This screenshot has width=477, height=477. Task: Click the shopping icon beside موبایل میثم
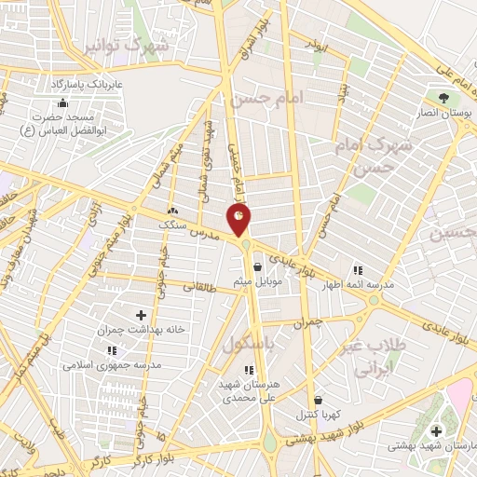pyautogui.click(x=256, y=267)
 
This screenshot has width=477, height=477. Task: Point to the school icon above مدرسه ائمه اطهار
pyautogui.click(x=356, y=270)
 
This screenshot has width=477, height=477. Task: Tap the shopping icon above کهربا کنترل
pyautogui.click(x=317, y=401)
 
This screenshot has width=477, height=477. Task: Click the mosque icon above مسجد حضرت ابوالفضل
pyautogui.click(x=62, y=102)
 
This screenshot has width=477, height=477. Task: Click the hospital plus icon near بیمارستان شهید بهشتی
pyautogui.click(x=437, y=430)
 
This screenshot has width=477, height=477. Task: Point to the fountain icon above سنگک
pyautogui.click(x=172, y=211)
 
